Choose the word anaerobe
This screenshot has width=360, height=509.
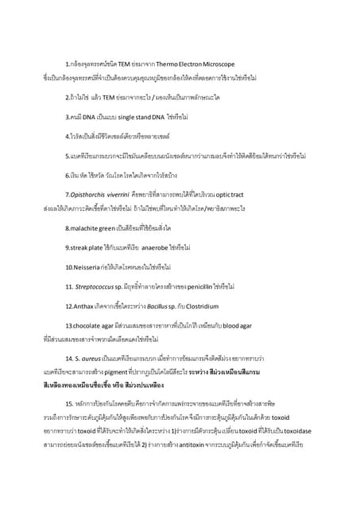coord(162,247)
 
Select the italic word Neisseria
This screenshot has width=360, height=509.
coord(84,266)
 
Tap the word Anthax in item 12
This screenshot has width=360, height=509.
coord(83,305)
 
